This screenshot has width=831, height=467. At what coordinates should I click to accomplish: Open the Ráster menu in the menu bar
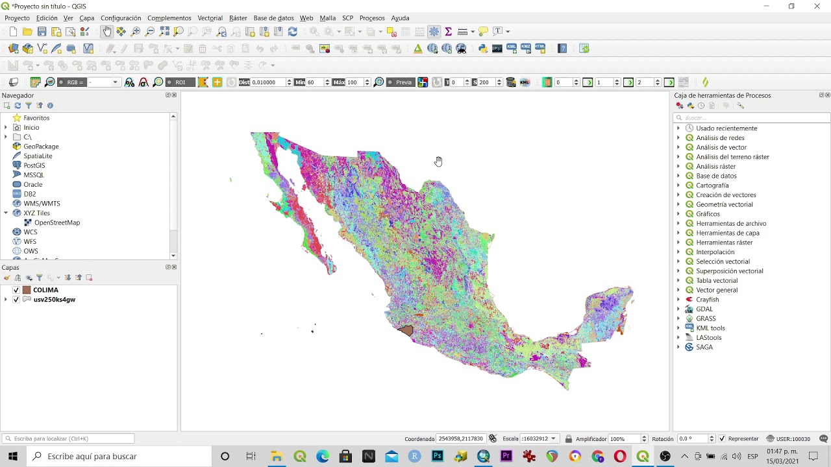click(238, 18)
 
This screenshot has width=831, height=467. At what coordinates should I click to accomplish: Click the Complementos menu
click(169, 18)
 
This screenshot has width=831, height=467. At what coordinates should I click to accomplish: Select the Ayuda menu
click(400, 18)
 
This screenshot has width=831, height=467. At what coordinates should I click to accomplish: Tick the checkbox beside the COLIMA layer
click(16, 290)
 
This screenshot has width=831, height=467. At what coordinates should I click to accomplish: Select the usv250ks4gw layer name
click(55, 300)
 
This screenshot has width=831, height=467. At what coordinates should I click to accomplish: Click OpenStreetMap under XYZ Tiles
click(57, 222)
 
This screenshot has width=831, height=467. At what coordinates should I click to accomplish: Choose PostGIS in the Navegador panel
click(34, 165)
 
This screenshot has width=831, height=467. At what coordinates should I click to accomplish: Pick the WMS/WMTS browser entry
click(42, 204)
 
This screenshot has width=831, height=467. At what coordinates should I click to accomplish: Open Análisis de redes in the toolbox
click(720, 138)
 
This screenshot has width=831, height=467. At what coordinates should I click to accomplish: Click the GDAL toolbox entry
click(704, 309)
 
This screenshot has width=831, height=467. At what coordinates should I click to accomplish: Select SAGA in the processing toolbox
click(704, 347)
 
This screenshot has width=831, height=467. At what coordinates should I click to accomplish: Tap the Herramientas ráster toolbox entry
click(724, 243)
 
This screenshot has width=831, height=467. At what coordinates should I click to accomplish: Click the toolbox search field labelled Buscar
click(753, 118)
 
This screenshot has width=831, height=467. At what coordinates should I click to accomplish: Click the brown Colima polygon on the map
click(406, 330)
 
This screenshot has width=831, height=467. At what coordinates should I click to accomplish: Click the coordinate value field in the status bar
click(461, 439)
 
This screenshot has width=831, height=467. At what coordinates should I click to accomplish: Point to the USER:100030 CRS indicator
click(788, 439)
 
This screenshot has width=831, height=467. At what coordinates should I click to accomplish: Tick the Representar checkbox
click(722, 439)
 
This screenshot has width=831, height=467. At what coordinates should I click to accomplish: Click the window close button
click(817, 6)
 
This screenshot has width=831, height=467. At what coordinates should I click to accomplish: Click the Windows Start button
click(12, 456)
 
